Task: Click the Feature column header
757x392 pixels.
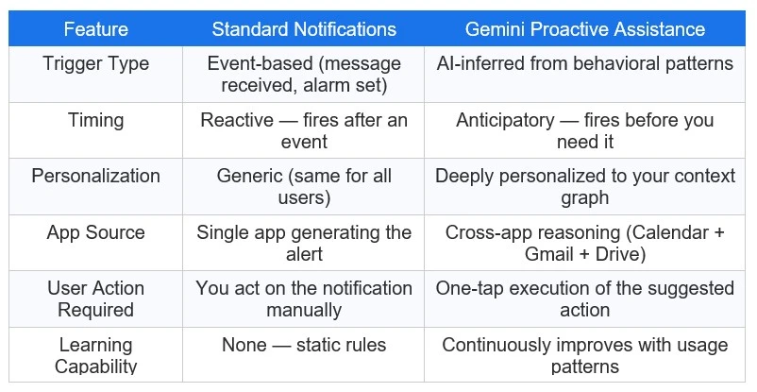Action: click(95, 28)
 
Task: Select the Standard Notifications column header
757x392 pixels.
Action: click(303, 28)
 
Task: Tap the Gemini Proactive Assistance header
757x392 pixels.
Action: click(585, 28)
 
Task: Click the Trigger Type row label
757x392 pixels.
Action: click(95, 64)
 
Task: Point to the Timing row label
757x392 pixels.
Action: click(95, 120)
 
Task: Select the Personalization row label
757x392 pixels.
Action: click(95, 176)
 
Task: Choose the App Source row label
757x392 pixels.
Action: click(95, 232)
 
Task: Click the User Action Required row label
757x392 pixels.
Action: click(95, 298)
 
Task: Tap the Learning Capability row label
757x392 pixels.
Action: click(95, 355)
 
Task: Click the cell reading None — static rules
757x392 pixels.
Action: click(303, 345)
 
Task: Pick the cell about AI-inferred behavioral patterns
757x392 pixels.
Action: click(585, 64)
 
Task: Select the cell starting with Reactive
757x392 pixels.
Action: click(303, 130)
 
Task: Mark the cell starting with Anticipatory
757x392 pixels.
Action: click(585, 130)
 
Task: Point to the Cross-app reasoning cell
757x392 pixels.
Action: click(585, 243)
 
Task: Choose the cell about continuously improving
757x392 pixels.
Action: click(585, 355)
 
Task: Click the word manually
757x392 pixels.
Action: click(303, 310)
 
